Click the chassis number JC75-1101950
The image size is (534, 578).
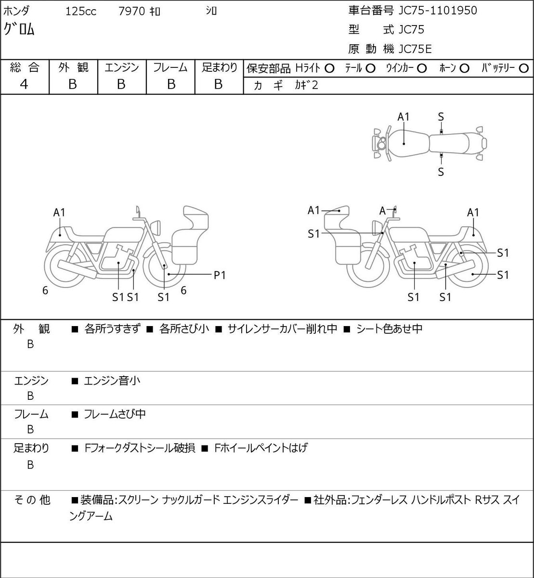438,11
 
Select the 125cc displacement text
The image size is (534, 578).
81,12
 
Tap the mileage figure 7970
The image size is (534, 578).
131,12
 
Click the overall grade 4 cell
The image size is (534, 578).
24,84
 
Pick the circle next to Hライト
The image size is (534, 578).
329,68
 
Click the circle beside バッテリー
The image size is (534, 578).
523,68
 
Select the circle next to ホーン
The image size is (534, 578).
465,68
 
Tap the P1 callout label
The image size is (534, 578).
220,275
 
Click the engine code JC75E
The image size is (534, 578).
415,49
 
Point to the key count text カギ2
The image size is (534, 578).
306,85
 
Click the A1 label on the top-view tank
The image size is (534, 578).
404,117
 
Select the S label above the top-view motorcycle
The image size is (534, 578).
441,117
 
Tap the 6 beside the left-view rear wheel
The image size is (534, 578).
45,290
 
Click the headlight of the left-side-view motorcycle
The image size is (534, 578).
156,228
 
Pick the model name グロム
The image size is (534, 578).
19,29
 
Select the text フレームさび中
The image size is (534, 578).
115,414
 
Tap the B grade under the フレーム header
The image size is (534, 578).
171,84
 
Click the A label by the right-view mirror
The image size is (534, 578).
383,210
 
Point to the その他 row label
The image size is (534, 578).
32,500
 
